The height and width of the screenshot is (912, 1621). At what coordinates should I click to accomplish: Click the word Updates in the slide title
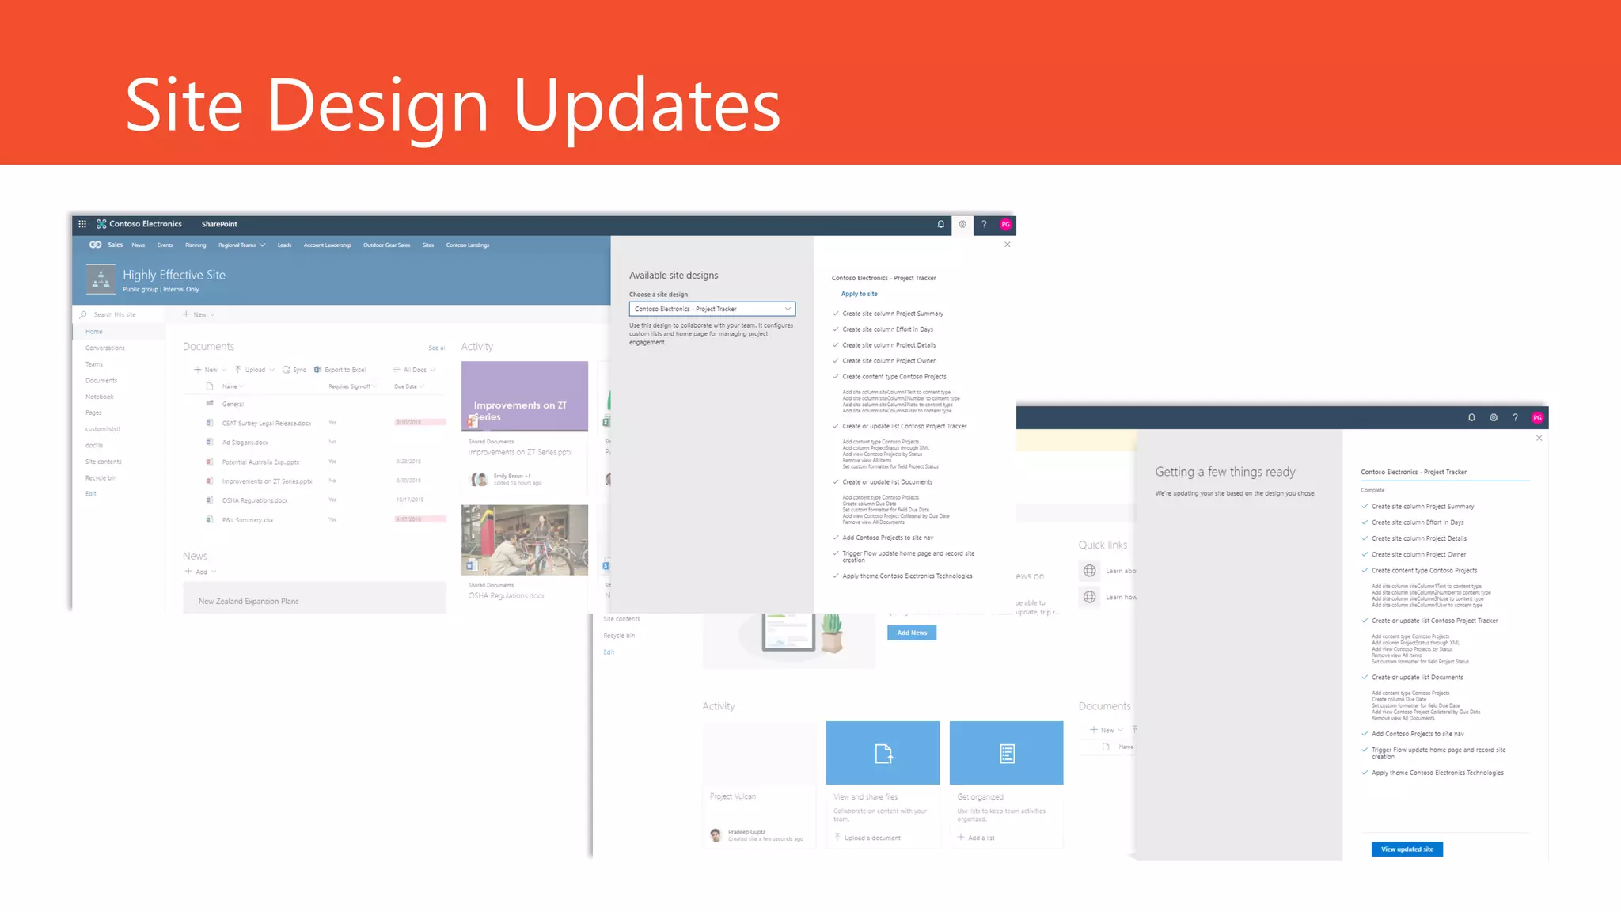coord(647,106)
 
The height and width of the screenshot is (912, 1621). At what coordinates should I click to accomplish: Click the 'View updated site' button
coord(1407,849)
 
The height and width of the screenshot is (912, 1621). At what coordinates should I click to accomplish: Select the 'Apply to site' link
coord(859,294)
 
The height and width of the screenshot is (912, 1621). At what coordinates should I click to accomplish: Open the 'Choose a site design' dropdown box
coord(712,309)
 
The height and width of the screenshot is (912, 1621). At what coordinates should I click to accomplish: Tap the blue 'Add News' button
coord(912,633)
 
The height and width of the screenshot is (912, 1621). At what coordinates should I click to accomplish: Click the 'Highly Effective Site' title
coord(174,275)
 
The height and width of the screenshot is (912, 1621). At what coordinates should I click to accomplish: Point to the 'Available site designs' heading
coord(674,275)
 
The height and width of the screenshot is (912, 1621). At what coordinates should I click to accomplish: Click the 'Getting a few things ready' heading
coord(1225,472)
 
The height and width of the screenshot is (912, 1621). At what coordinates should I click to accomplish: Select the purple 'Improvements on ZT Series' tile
coord(524,396)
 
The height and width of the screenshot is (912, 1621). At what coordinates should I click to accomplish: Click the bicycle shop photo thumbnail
coord(524,539)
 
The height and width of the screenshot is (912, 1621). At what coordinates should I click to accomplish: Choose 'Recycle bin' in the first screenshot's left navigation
coord(101,478)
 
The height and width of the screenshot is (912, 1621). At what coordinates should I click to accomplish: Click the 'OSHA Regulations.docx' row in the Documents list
coord(255,500)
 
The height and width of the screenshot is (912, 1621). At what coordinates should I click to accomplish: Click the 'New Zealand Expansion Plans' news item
coord(249,602)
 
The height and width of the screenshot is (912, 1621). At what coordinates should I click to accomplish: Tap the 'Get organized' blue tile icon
coord(1006,753)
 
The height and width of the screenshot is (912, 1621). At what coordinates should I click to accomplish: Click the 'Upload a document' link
coord(872,838)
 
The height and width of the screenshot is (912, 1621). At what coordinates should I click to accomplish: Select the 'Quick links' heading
coord(1103,545)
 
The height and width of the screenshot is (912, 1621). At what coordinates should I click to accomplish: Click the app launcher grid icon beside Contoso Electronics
coord(82,224)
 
